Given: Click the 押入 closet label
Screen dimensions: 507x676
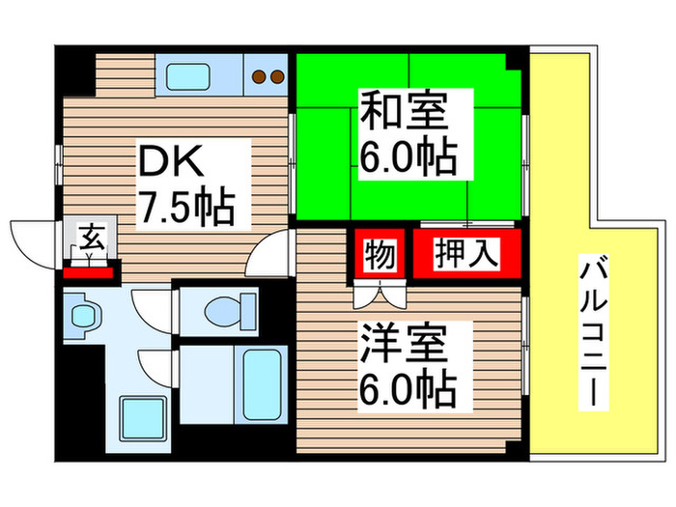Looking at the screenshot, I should (467, 254).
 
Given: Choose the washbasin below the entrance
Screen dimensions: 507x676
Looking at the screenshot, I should (84, 313).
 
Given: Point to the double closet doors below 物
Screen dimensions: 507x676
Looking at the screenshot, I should (381, 291).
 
